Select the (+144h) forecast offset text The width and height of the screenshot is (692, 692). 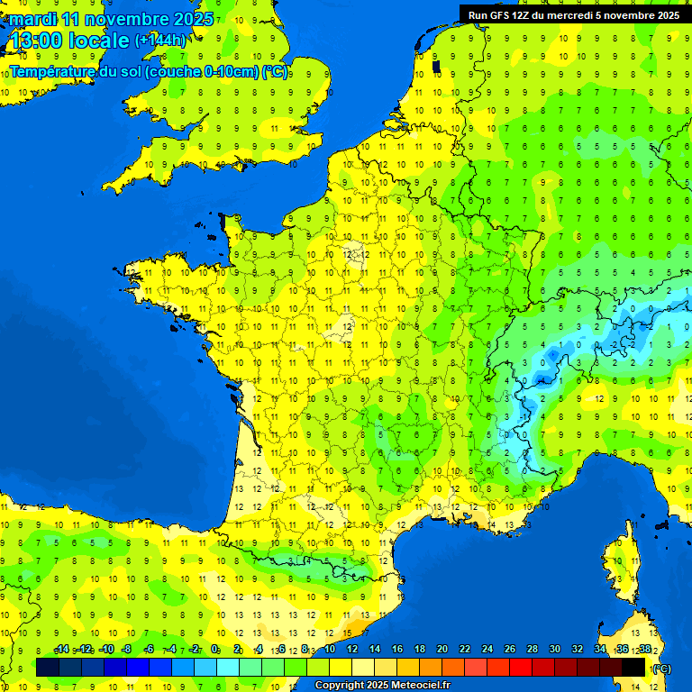pos(160,41)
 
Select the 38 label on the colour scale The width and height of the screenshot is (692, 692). pos(645,649)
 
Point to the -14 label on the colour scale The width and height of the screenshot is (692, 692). pos(61,649)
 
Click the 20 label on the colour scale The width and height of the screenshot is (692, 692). pos(442,649)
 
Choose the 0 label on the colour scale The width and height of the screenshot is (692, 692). pos(215,649)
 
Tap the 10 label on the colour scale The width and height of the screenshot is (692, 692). pos(330,649)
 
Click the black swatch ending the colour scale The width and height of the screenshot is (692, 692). pos(633,667)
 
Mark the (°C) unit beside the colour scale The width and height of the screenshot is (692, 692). pos(661,669)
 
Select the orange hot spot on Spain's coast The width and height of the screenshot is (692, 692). pos(359,624)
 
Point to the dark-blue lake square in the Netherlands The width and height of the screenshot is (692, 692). pos(437,66)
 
